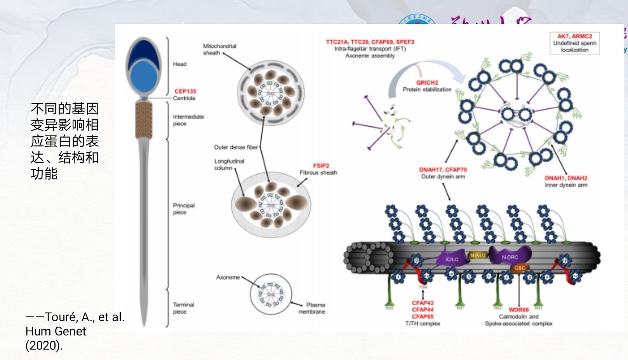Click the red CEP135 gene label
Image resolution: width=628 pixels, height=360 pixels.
[185, 91]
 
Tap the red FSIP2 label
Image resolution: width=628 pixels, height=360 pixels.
[321, 166]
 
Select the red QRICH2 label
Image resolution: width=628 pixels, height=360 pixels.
[427, 83]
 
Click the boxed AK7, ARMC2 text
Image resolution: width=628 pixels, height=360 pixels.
[574, 36]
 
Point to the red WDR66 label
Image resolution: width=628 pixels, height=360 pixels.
[518, 310]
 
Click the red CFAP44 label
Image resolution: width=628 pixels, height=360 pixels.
[423, 310]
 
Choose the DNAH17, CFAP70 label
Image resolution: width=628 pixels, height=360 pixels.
[443, 170]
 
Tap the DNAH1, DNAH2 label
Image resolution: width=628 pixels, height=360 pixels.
[566, 178]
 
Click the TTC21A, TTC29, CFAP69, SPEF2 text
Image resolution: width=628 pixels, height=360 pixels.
[370, 42]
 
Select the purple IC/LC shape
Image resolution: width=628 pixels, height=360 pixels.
[452, 259]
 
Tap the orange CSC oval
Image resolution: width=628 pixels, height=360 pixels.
[519, 268]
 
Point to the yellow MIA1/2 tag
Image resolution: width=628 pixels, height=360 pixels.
[477, 255]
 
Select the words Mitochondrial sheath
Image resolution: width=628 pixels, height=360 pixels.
[219, 49]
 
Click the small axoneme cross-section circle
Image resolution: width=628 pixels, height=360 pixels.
[271, 294]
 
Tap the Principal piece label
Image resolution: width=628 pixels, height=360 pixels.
[183, 209]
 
